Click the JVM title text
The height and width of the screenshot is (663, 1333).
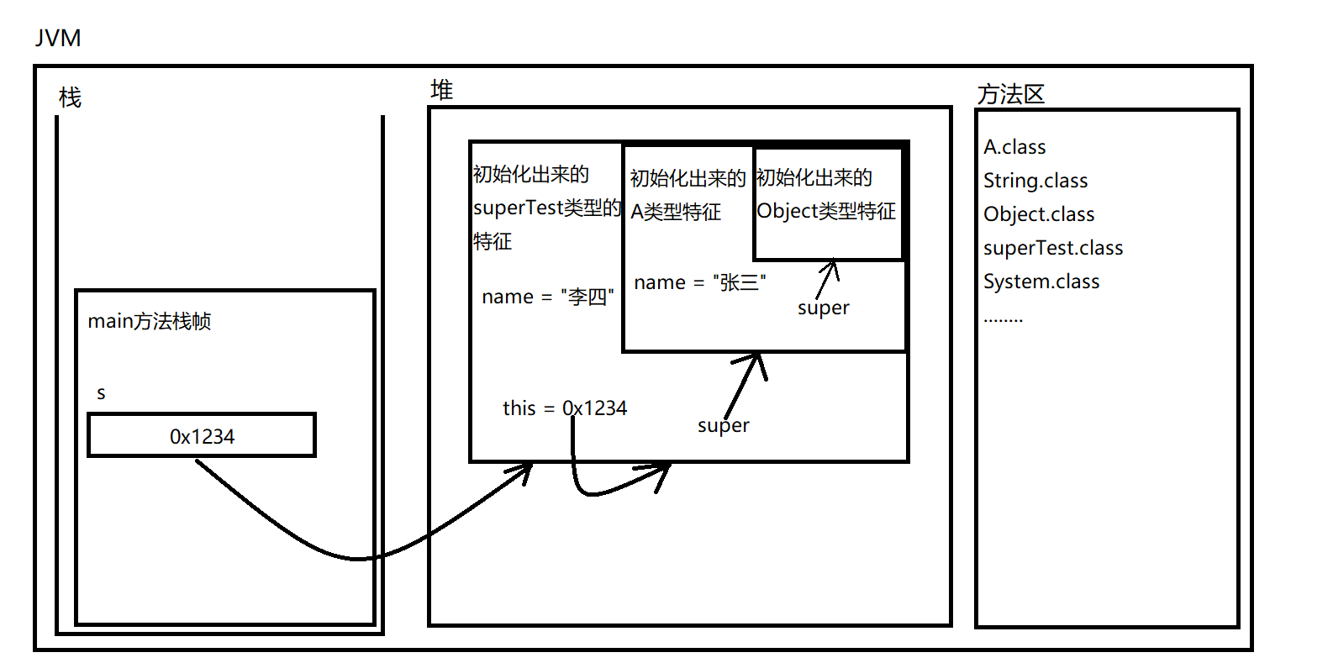pyautogui.click(x=58, y=39)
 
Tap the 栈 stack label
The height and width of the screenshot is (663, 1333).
pyautogui.click(x=70, y=98)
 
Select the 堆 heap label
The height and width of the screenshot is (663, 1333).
pyautogui.click(x=441, y=90)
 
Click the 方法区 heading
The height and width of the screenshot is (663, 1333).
pyautogui.click(x=1010, y=94)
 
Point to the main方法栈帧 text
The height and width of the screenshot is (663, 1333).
pyautogui.click(x=150, y=321)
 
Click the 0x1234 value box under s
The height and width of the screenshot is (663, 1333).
pyautogui.click(x=202, y=435)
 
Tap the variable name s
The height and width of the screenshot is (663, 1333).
pyautogui.click(x=101, y=393)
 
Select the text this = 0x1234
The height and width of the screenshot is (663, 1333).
pyautogui.click(x=564, y=408)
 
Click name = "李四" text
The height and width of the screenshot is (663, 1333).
pyautogui.click(x=547, y=297)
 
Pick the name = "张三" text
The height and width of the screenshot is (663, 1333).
pyautogui.click(x=699, y=282)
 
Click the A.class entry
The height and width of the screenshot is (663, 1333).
pyautogui.click(x=1014, y=147)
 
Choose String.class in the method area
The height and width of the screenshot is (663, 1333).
pyautogui.click(x=1035, y=181)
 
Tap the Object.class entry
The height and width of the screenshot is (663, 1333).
pyautogui.click(x=1039, y=214)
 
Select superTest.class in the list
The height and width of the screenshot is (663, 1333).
pyautogui.click(x=1053, y=248)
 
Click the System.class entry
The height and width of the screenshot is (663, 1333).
pyautogui.click(x=1041, y=282)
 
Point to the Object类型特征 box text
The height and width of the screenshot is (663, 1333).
pyautogui.click(x=826, y=211)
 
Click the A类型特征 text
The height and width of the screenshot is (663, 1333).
pyautogui.click(x=676, y=212)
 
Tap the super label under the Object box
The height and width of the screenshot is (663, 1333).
pyautogui.click(x=823, y=308)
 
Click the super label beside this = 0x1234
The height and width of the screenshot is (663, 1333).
pyautogui.click(x=723, y=425)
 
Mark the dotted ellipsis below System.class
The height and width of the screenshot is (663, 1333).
pyautogui.click(x=1003, y=320)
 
